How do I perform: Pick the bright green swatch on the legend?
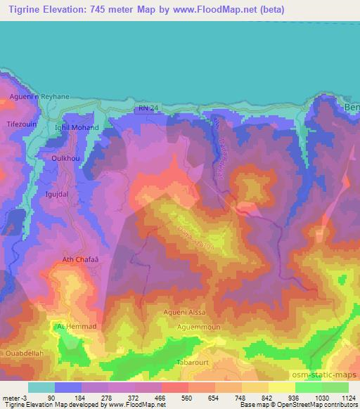[x=308, y=387]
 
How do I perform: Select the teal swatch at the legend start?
[x=41, y=387]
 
